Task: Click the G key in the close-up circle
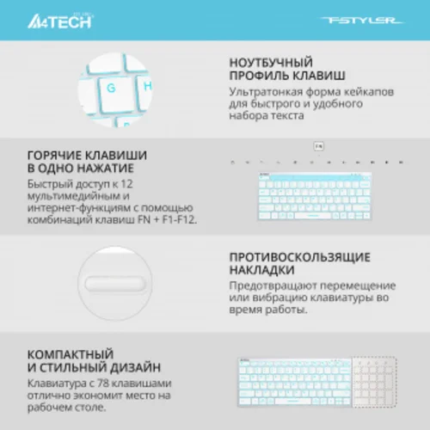(x=112, y=86)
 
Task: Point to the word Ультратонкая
(x=264, y=91)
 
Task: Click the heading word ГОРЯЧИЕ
(x=56, y=155)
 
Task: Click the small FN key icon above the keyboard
(x=318, y=147)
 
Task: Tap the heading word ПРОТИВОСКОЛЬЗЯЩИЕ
(x=300, y=257)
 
